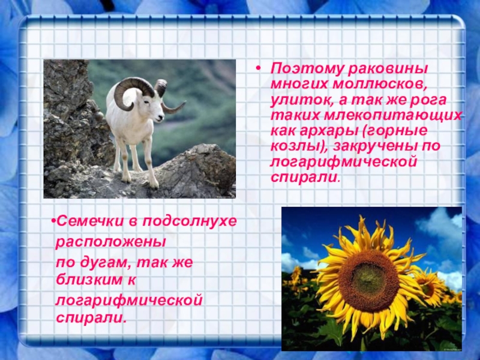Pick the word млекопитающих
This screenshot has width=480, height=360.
[x=393, y=116]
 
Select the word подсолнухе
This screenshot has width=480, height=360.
[x=190, y=221]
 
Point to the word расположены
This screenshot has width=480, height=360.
[x=110, y=242]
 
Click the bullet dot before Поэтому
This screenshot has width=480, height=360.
[x=259, y=68]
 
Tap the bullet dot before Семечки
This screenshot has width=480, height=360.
[x=53, y=221]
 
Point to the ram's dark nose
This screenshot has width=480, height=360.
[x=161, y=116]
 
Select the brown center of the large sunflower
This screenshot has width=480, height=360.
[x=369, y=281]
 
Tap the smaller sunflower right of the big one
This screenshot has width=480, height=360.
[x=430, y=288]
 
